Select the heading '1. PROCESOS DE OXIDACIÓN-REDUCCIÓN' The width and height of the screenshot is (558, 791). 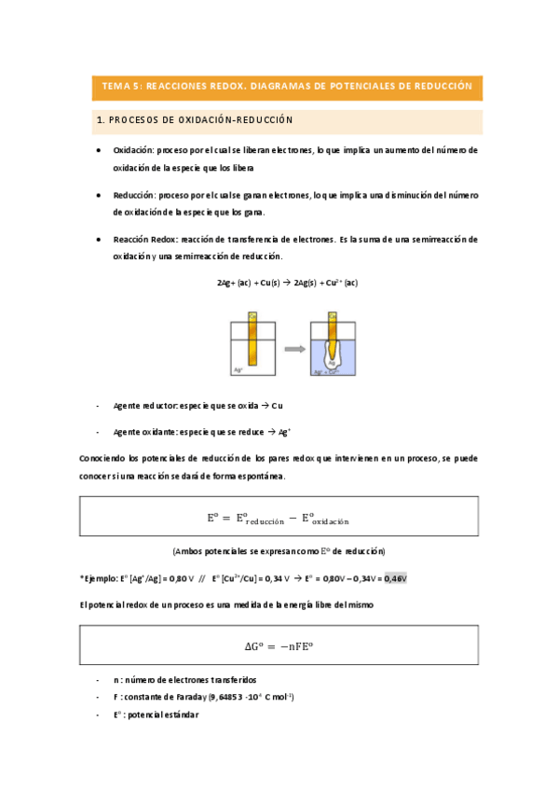tap(196, 120)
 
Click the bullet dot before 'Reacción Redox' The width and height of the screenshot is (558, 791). tap(101, 240)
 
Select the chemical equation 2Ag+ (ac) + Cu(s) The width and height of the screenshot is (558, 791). tap(286, 283)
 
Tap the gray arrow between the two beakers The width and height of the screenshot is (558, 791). tap(294, 349)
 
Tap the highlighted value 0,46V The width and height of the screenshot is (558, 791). tap(394, 578)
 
